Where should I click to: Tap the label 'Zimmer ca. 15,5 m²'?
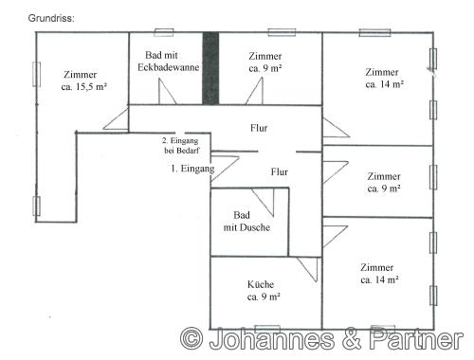(x=80, y=81)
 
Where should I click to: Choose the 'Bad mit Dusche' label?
(x=246, y=222)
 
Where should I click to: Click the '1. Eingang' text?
(x=191, y=169)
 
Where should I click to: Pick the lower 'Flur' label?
(x=280, y=172)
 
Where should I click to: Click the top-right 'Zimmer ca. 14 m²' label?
(x=384, y=78)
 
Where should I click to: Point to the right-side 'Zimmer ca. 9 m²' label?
(x=384, y=182)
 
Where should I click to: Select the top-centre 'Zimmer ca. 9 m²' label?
(x=265, y=63)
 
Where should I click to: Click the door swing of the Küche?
(x=306, y=270)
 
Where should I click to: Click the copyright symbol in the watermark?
(x=192, y=339)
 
